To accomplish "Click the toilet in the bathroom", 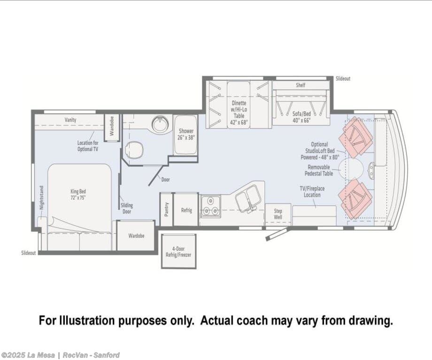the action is [x=134, y=150].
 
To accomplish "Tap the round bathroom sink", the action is [x=160, y=124].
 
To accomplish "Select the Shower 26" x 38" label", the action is [x=186, y=134].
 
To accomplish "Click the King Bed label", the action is [x=78, y=194].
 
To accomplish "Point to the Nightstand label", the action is [x=41, y=198].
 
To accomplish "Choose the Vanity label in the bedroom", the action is [x=70, y=120].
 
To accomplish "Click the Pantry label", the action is [x=166, y=210].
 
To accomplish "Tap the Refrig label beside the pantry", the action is [x=186, y=210].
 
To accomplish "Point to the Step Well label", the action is [x=278, y=214].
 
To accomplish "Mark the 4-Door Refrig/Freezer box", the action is [x=178, y=251].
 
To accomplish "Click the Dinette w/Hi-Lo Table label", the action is [x=239, y=113].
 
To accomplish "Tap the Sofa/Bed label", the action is [x=301, y=117].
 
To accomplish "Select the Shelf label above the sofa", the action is [x=301, y=85].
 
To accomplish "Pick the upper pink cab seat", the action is [x=355, y=137].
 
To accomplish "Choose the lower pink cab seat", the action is [x=355, y=199].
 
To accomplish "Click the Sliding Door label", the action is [x=127, y=208].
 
